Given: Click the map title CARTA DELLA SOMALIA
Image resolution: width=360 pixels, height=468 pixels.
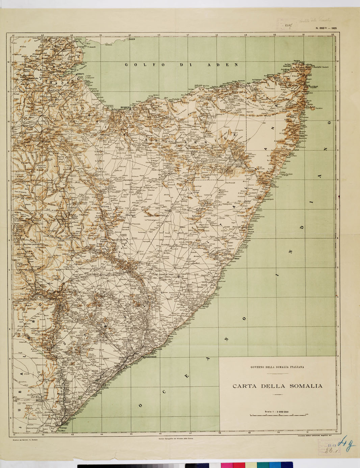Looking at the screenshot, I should tap(277, 386).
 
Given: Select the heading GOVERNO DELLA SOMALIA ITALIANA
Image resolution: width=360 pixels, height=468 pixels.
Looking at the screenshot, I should tap(277, 367).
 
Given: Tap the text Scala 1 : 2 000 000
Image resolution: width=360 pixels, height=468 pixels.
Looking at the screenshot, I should tap(277, 412).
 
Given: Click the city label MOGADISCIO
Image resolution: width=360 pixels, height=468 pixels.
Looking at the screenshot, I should tap(150, 357).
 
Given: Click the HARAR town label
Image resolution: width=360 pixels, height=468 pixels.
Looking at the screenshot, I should tap(46, 142).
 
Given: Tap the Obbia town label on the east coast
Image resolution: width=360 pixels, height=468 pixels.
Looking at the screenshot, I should tap(237, 259).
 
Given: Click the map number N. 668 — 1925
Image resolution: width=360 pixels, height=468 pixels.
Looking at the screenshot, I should tap(326, 29).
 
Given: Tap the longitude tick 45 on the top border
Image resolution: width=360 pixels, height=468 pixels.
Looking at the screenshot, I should tap(130, 35).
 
